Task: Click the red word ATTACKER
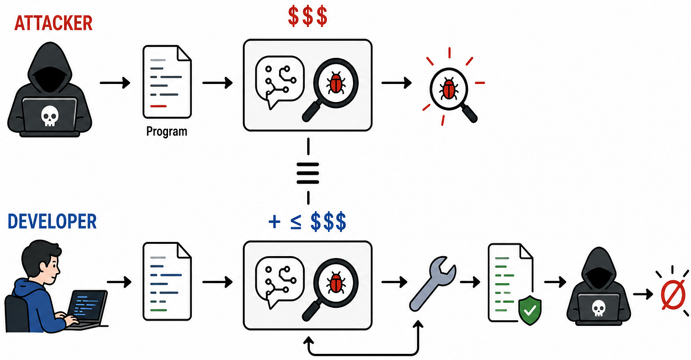click(x=53, y=23)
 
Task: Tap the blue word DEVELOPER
click(x=52, y=222)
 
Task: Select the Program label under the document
click(x=167, y=131)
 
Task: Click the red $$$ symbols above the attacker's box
click(x=308, y=16)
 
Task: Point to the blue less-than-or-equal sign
click(x=296, y=222)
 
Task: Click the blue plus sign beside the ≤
click(x=274, y=222)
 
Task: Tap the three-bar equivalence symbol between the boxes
click(x=308, y=173)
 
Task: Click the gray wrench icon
click(x=432, y=284)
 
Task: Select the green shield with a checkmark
click(x=530, y=310)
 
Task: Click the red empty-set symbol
click(x=673, y=295)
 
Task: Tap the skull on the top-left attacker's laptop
click(x=49, y=116)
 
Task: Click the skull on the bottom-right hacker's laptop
click(x=598, y=308)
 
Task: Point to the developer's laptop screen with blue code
click(x=87, y=305)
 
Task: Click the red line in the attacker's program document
click(x=158, y=106)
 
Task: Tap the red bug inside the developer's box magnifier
click(x=336, y=283)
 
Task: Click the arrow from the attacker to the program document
click(x=115, y=83)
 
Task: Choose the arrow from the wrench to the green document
click(x=470, y=282)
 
